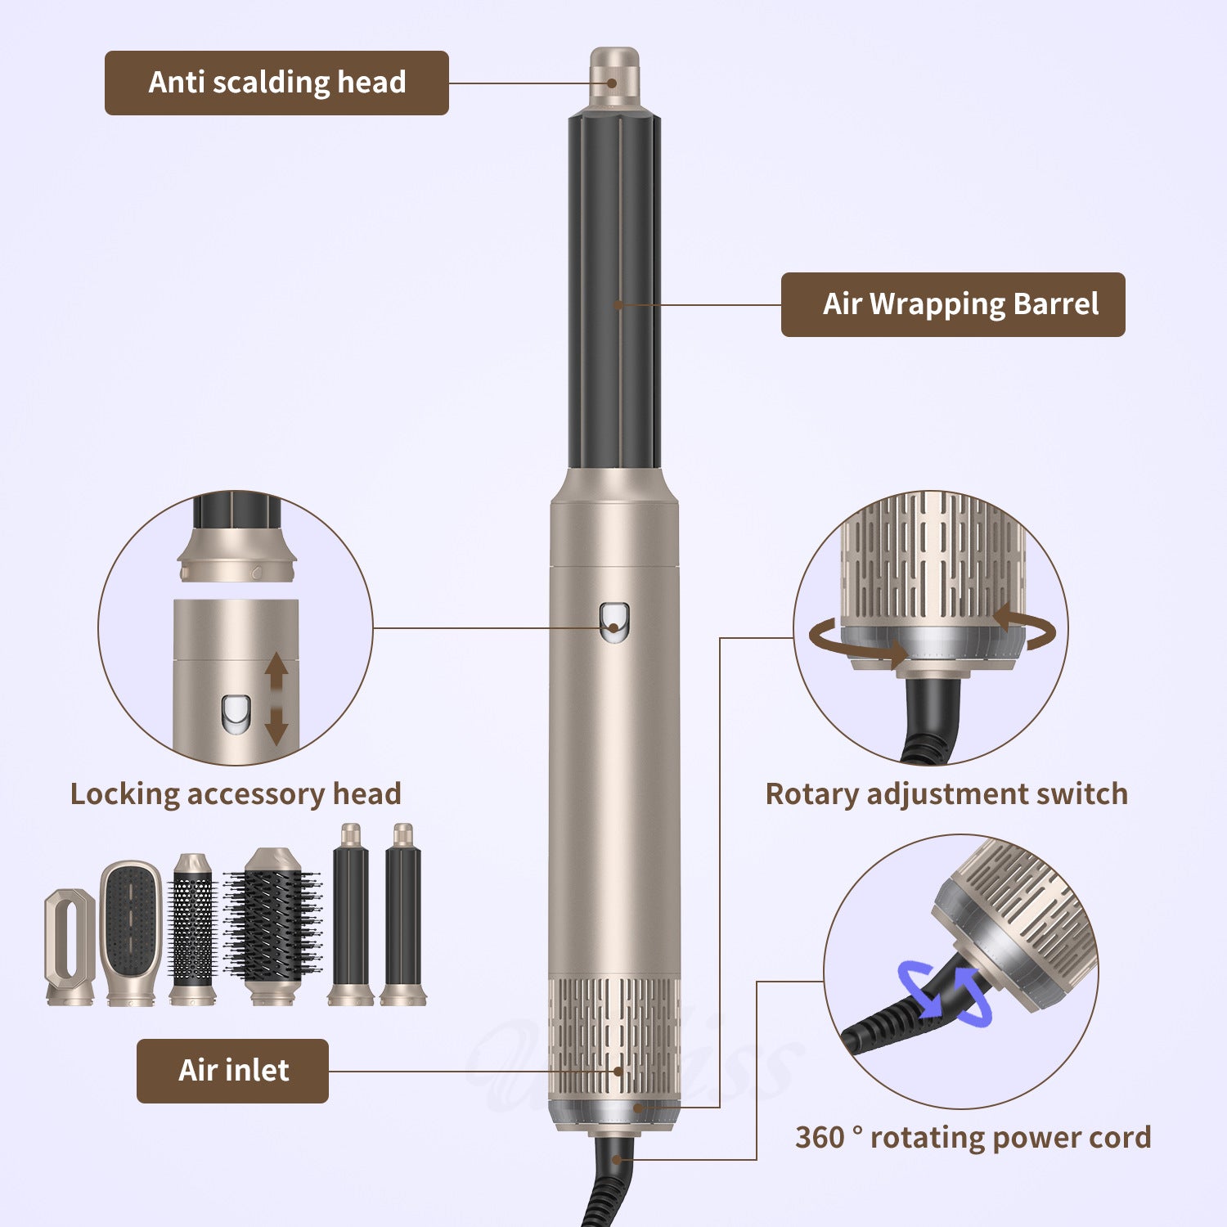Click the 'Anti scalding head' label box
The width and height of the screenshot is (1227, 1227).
[x=276, y=83]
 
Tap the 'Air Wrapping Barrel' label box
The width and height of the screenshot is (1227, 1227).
[x=953, y=304]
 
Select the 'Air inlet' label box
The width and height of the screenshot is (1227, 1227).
[x=232, y=1071]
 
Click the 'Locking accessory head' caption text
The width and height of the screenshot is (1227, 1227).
[x=236, y=794]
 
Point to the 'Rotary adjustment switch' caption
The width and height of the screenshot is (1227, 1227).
[x=946, y=794]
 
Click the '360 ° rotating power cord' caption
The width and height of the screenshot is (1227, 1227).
[x=973, y=1138]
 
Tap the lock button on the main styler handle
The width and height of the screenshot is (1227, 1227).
[x=614, y=621]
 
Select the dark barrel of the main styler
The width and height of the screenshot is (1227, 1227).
[x=615, y=294]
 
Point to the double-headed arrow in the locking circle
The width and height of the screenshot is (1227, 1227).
[x=276, y=698]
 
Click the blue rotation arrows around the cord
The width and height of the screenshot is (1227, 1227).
[x=945, y=994]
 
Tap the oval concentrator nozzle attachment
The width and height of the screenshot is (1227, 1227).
[x=70, y=946]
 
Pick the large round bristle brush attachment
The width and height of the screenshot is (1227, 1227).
[x=272, y=926]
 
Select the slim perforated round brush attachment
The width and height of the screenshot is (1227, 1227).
[x=192, y=928]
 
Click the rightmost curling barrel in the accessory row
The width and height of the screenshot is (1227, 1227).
[x=403, y=916]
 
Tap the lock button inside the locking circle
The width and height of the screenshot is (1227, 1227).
[x=235, y=713]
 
